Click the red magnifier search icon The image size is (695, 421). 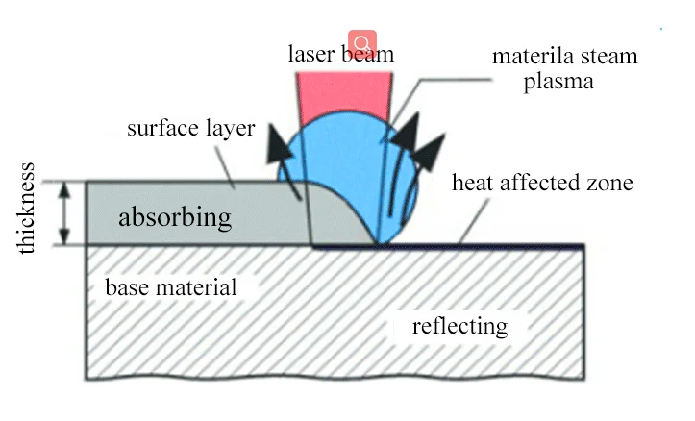pyautogui.click(x=362, y=43)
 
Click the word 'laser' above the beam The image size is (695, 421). pyautogui.click(x=311, y=54)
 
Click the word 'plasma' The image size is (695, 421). pyautogui.click(x=558, y=82)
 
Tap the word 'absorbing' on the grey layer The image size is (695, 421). pyautogui.click(x=175, y=217)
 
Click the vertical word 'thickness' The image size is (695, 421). pyautogui.click(x=26, y=209)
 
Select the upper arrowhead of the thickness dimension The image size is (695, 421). pyautogui.click(x=65, y=189)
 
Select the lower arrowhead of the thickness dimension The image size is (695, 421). pyautogui.click(x=65, y=236)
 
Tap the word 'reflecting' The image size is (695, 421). pyautogui.click(x=460, y=327)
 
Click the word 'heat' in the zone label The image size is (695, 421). pyautogui.click(x=473, y=183)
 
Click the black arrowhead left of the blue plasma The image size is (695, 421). pyautogui.click(x=279, y=142)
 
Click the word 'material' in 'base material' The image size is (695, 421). pyautogui.click(x=195, y=287)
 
